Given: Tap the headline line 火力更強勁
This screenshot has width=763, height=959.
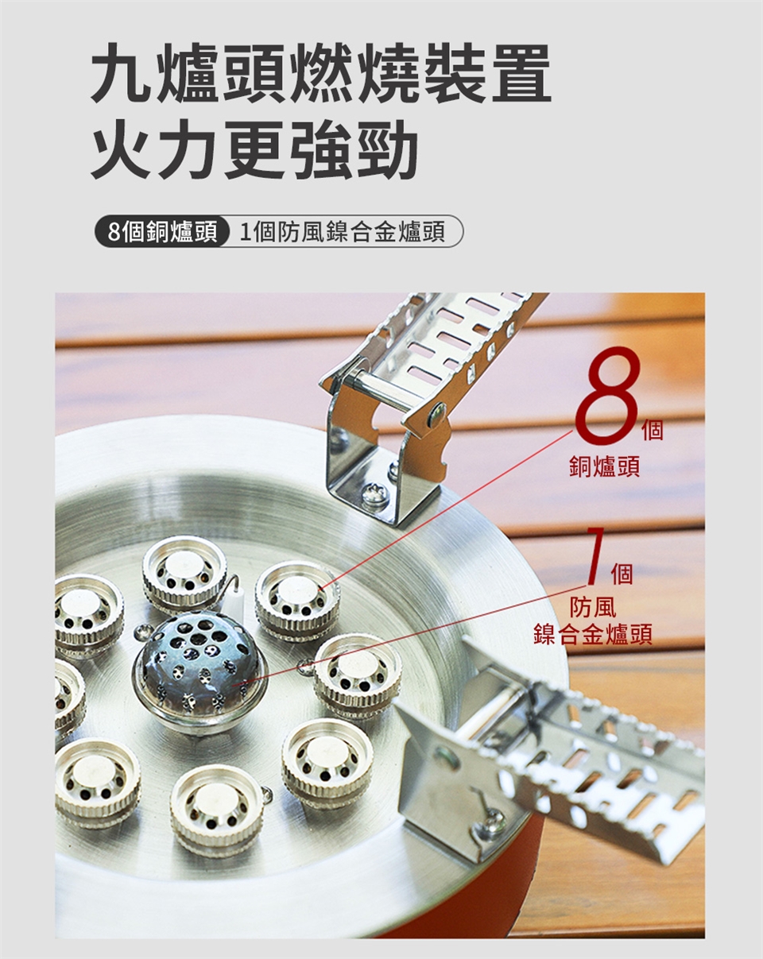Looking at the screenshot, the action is pos(254,149).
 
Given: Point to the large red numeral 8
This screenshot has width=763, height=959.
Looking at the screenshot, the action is pos(608,392).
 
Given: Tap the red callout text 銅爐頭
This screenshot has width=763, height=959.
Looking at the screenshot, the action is pos(605,466).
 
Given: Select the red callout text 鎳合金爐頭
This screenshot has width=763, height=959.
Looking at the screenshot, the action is pos(593,635).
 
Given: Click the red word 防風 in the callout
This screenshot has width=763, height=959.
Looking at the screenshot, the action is pos(593,607).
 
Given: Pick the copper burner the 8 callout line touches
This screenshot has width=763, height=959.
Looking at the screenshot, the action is pos(297,598).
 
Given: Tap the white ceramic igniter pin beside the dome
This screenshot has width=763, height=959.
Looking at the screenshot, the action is pos(236,601).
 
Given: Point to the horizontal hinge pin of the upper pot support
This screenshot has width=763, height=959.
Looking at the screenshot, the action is pos(382,389).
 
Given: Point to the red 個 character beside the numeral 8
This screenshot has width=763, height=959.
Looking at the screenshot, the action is pos(653,430).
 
